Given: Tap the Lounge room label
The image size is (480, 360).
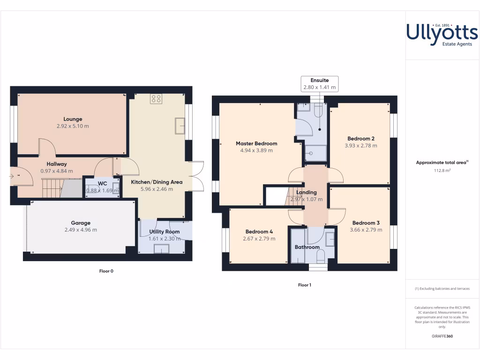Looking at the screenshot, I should [73, 119].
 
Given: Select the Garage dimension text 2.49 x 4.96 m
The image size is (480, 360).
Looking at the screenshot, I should [81, 230].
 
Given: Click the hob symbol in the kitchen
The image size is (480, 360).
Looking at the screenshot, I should [156, 99].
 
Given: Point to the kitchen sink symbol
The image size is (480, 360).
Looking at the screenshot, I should [180, 126].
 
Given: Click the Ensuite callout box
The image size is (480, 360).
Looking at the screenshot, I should [319, 83].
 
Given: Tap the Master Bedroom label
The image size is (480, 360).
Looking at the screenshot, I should [256, 143].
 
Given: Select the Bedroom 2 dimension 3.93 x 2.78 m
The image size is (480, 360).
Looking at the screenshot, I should [360, 146].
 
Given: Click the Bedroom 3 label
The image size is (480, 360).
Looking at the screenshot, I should [366, 223].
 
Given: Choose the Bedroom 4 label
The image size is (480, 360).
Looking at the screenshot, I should [259, 232].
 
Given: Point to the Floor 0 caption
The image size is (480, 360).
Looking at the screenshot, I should [106, 271].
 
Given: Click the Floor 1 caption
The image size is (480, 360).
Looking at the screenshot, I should [305, 285].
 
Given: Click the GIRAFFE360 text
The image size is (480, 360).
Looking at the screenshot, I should [442, 336].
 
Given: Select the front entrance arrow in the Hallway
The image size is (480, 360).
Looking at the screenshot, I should [11, 176].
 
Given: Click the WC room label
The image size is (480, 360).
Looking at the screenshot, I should [102, 183].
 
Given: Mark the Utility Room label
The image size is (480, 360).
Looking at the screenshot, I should [164, 232].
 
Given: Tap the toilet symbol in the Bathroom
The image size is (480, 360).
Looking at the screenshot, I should [321, 255].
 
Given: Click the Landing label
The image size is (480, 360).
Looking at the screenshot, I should [306, 192].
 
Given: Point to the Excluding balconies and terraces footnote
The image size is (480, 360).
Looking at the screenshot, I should [442, 289].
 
